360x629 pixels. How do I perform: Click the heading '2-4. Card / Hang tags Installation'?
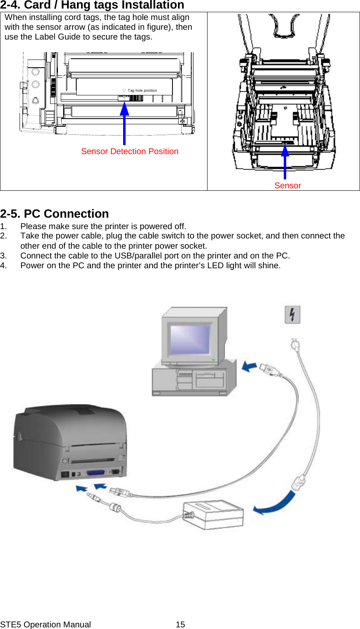(92, 5)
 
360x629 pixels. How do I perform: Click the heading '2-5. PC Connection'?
(54, 214)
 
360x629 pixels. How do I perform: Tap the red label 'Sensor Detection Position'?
(130, 151)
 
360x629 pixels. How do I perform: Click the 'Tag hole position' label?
(142, 90)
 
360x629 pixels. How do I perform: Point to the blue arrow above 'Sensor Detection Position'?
(124, 122)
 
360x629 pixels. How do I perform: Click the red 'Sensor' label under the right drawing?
(287, 185)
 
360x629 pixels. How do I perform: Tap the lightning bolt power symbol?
(292, 315)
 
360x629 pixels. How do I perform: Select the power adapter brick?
(214, 514)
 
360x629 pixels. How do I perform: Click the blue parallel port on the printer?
(95, 473)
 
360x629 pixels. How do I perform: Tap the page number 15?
(180, 625)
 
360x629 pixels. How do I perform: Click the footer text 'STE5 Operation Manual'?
(45, 625)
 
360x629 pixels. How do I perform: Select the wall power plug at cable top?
(295, 345)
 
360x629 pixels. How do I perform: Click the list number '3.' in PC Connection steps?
(4, 256)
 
